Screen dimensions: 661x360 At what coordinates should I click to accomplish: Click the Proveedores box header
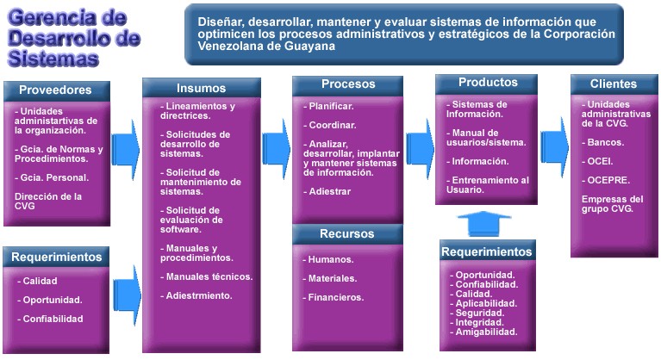click(x=57, y=91)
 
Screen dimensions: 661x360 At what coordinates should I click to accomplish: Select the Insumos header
click(x=202, y=88)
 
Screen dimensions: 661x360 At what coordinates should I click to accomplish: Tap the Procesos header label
click(x=348, y=84)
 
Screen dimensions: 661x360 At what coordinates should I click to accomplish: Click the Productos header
click(x=486, y=84)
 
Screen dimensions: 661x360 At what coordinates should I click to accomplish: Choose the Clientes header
click(x=614, y=84)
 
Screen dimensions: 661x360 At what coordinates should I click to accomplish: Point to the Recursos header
click(x=347, y=234)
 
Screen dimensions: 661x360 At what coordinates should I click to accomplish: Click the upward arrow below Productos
click(x=484, y=223)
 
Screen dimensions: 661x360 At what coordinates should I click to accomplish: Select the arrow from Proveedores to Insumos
click(x=126, y=150)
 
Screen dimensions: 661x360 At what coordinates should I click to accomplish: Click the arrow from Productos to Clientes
click(x=555, y=147)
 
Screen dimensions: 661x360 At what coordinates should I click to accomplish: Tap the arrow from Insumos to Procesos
click(x=277, y=149)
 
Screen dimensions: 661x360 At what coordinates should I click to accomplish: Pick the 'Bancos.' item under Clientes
click(x=603, y=142)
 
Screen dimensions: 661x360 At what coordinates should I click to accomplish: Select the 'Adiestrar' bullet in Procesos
click(x=327, y=191)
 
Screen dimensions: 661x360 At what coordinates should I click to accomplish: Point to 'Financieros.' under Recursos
click(x=333, y=297)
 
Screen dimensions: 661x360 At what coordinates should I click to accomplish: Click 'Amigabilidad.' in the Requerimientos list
click(x=483, y=332)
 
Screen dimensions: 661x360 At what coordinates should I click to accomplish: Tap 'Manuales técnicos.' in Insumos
click(x=207, y=276)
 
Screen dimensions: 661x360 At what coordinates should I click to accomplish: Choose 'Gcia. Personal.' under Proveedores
click(x=52, y=177)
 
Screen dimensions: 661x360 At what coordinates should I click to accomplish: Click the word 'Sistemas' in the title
click(x=53, y=58)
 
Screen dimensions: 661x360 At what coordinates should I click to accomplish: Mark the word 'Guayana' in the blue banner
click(x=310, y=46)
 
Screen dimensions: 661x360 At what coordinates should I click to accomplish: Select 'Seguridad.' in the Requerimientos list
click(x=477, y=313)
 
